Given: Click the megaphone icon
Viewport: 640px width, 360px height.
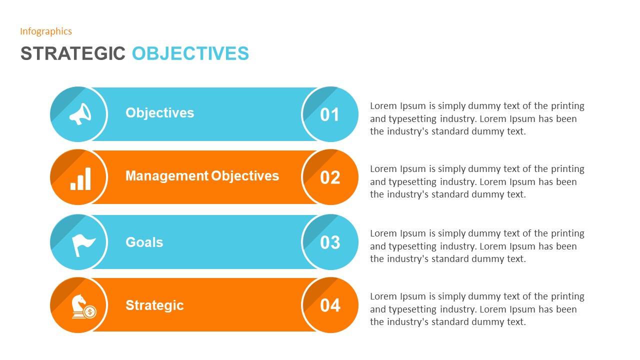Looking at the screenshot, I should coord(80,114).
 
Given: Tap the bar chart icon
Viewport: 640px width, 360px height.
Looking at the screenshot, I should coord(81,178).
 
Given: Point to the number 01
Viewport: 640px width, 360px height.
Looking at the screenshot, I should coord(330,115).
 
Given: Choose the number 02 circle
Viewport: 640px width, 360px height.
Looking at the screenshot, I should coord(330,177).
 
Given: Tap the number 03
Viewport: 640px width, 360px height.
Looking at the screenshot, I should coord(330,242).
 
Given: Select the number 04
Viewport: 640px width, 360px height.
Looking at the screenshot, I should coord(330,305).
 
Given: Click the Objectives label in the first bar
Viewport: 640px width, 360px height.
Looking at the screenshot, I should coord(159,113).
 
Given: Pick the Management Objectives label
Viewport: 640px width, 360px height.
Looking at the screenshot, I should coord(202,176).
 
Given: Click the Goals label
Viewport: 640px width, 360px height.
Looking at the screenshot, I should coord(144,242).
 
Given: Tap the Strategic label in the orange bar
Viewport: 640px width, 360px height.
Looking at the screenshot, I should coord(154,305).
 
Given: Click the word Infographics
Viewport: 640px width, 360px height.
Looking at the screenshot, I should coord(46,31).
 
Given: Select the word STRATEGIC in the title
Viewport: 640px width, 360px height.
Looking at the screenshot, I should coord(72,53).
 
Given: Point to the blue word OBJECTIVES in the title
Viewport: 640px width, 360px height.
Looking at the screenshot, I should coord(190,53).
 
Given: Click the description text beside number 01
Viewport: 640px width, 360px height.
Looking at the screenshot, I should coord(477,119).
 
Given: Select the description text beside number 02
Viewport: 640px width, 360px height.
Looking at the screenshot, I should coord(477,182).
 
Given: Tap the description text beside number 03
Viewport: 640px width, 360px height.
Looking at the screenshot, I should coord(477,246).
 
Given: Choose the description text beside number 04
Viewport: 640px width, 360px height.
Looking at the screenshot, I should coord(477,309).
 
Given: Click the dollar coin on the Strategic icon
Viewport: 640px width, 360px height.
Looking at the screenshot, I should coord(90,312).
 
